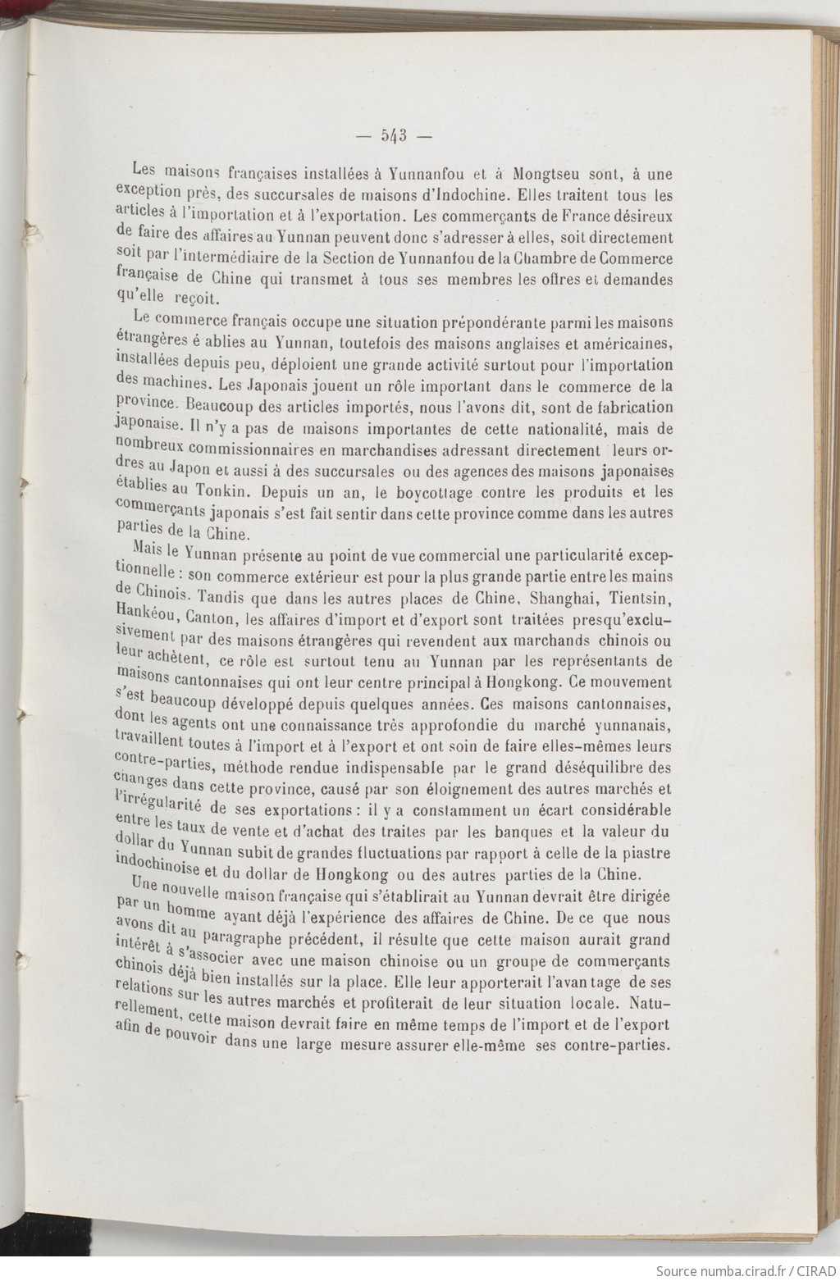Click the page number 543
click(394, 136)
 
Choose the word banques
click(527, 832)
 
